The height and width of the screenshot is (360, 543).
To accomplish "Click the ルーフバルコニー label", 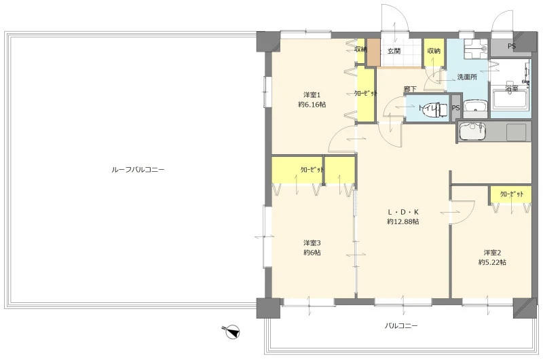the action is point(138,170).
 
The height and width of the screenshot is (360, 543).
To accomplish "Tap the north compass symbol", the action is point(231,331).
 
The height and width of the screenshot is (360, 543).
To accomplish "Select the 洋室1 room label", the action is point(312,94).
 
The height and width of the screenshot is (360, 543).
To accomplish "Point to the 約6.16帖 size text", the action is point(312,105).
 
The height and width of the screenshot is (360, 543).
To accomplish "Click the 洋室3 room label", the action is point(312,243).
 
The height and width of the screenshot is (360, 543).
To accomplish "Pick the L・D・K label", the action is point(402,212).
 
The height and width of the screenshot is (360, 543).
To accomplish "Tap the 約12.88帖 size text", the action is point(402,221).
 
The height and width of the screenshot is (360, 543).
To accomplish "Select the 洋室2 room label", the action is point(493,253).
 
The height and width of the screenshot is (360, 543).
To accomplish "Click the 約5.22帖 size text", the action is point(492,262).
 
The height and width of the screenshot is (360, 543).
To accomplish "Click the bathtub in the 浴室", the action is point(510,99).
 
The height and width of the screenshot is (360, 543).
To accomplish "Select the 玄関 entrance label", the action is point(394,51).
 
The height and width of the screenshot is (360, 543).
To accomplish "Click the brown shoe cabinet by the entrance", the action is point(374,52).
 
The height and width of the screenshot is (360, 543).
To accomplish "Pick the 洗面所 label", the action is point(467,77).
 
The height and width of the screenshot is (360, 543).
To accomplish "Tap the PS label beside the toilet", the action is point(455,108).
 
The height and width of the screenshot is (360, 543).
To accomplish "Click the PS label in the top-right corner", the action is point(512,46).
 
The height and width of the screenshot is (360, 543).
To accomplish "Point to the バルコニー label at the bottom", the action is point(401,325).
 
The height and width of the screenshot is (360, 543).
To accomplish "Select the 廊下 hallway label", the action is point(410,89).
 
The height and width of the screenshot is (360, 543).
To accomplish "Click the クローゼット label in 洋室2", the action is point(512,194).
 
